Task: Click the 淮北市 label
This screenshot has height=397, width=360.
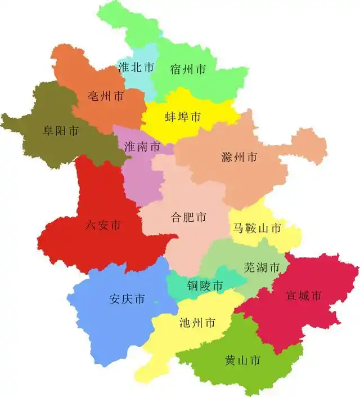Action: coord(136,67)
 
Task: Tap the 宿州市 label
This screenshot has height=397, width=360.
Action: coord(188,70)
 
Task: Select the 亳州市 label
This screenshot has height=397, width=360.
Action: coord(106,96)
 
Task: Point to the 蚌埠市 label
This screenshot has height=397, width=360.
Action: coord(183,117)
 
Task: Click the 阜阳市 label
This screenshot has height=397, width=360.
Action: coord(61,131)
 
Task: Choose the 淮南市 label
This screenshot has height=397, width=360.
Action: coord(142,147)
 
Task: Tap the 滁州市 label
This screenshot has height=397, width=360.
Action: coord(239,157)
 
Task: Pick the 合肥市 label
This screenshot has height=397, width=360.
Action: coord(188,217)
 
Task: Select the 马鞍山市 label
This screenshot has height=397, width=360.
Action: coord(257,228)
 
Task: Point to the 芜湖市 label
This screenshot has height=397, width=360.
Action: coord(262,267)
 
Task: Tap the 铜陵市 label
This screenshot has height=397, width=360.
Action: coord(205,286)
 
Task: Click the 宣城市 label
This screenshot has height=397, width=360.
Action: coord(304,295)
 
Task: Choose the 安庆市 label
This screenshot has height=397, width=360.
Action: coord(127,299)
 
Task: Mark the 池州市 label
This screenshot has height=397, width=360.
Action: coord(197,323)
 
